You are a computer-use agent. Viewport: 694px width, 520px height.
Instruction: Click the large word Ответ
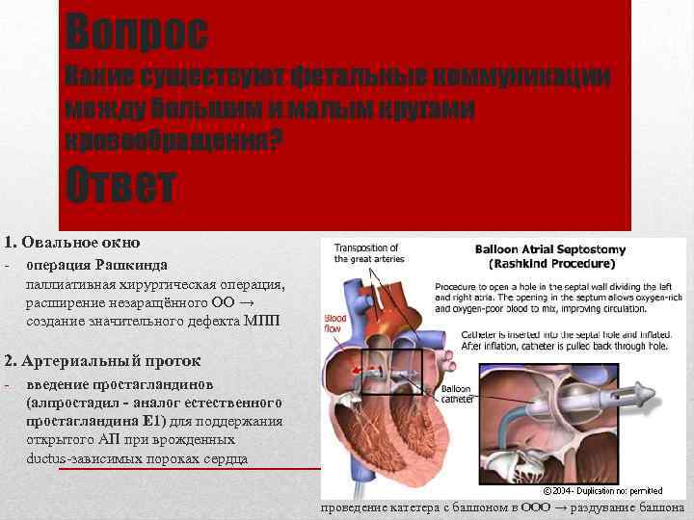tap(120, 187)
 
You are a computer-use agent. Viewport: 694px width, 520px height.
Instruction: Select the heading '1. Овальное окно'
tap(72, 242)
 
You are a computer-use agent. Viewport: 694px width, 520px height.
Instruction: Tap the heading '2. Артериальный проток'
tap(102, 361)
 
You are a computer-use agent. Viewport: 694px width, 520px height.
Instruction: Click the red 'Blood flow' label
tap(334, 323)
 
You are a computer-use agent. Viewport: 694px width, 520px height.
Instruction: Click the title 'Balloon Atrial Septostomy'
tap(550, 249)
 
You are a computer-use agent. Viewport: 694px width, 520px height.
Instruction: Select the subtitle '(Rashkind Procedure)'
tap(552, 263)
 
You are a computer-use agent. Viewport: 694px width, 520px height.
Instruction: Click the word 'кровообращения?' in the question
tap(173, 141)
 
